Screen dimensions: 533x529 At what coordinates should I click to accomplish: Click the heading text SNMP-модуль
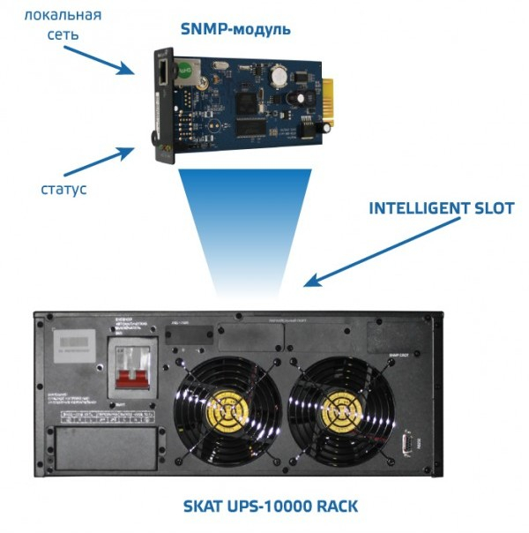[x=235, y=29]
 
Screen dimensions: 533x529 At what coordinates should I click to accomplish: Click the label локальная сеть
[x=63, y=25]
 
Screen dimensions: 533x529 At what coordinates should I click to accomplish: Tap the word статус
[x=63, y=188]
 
